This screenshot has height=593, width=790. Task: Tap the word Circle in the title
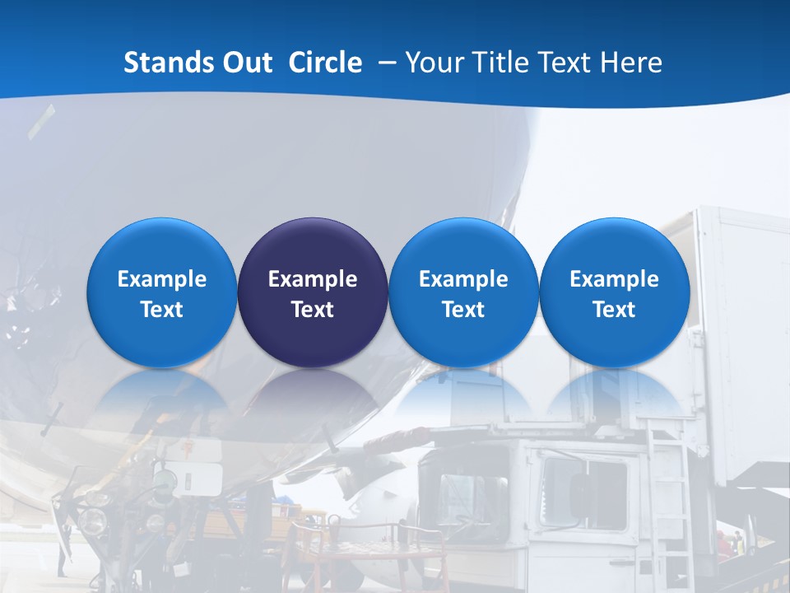pyautogui.click(x=325, y=63)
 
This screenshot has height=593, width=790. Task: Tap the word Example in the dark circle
pyautogui.click(x=312, y=279)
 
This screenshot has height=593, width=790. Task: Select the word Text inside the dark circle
pyautogui.click(x=312, y=310)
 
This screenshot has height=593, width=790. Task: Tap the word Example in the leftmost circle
pyautogui.click(x=161, y=279)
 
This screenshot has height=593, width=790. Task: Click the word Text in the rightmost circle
pyautogui.click(x=614, y=310)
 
